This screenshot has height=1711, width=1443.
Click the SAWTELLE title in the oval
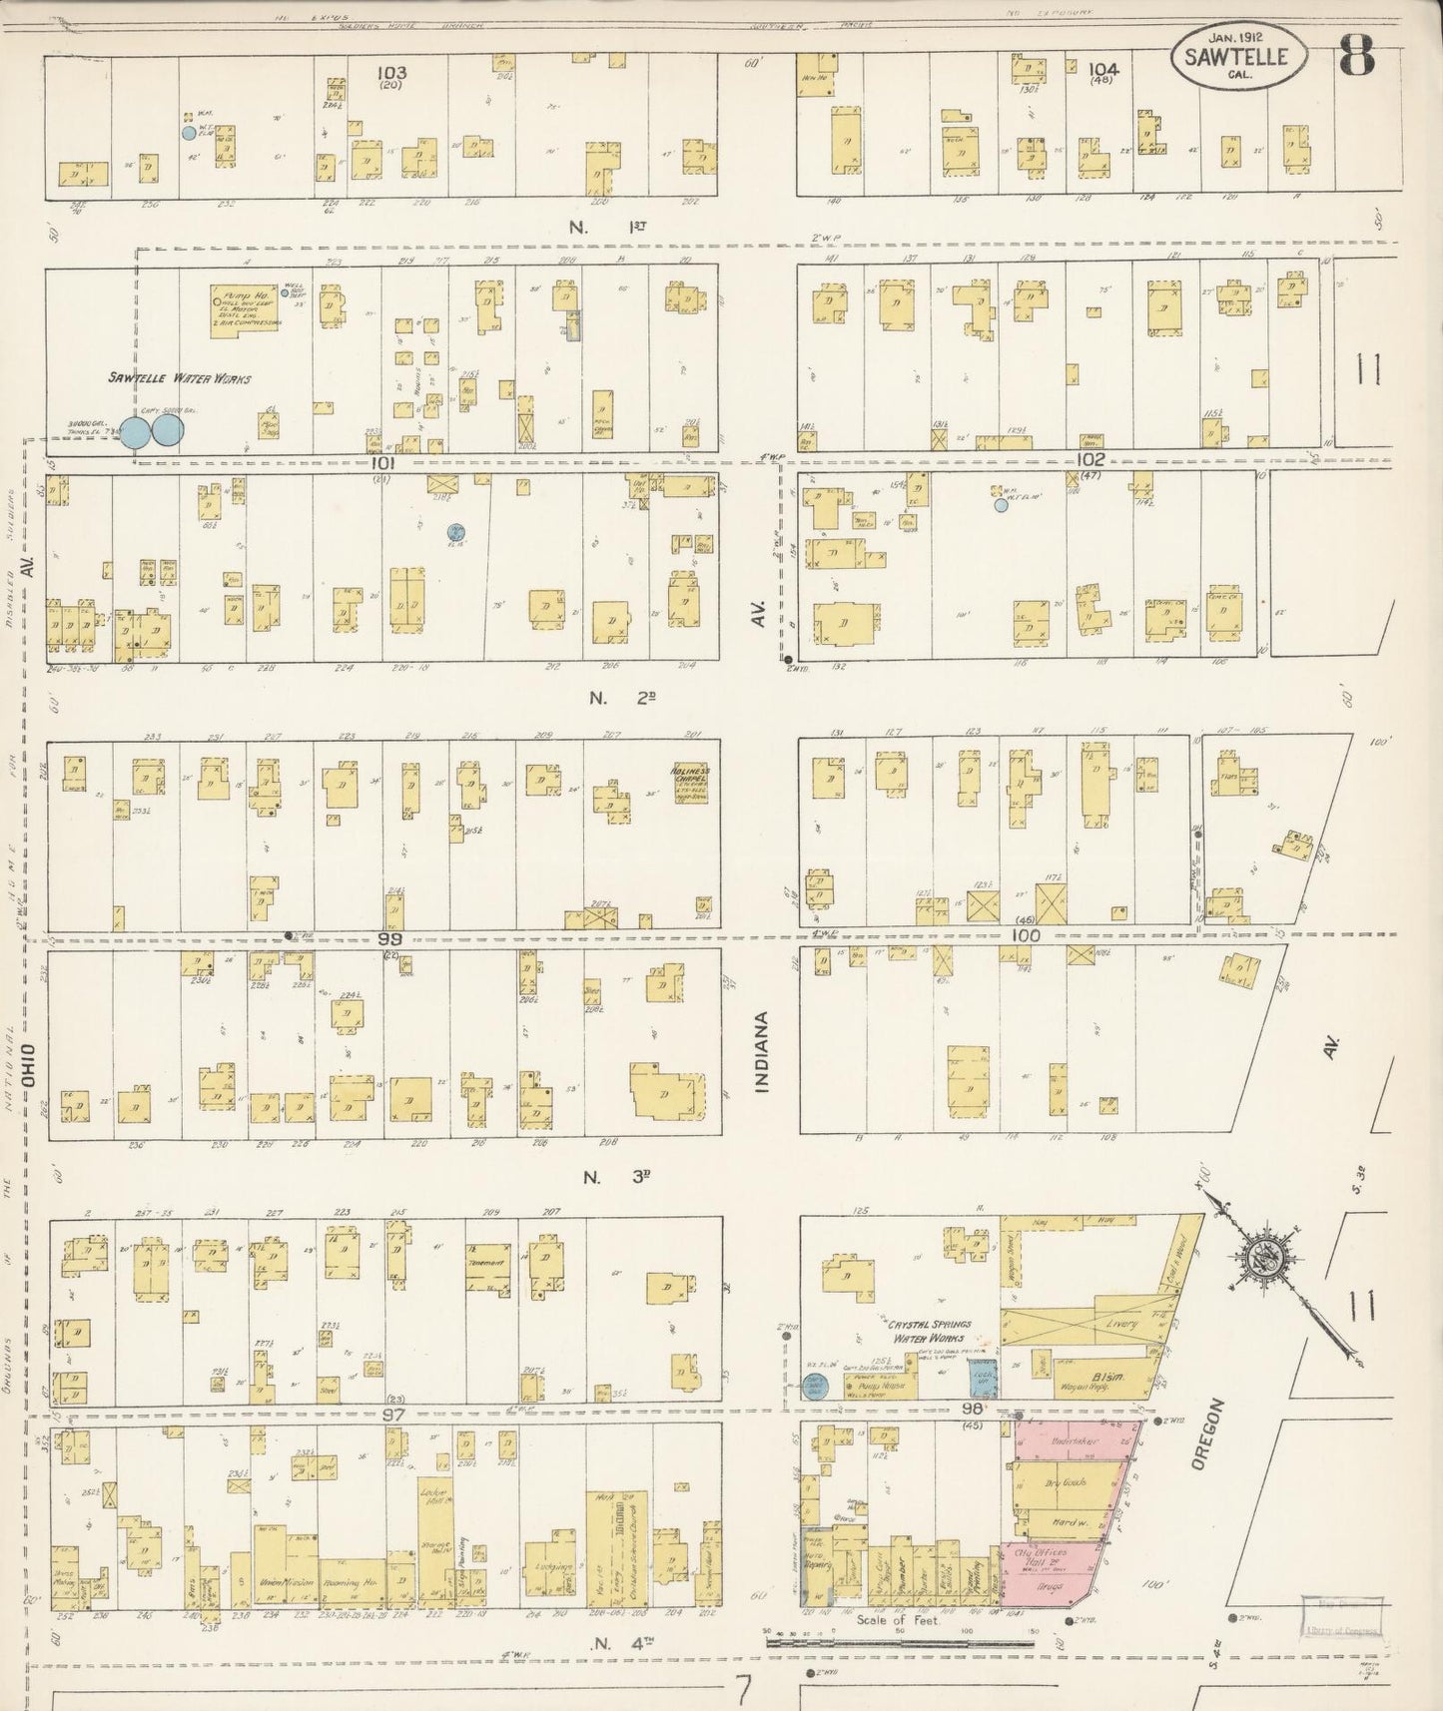tap(1237, 57)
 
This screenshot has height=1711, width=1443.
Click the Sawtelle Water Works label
tap(180, 378)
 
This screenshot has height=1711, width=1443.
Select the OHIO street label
tap(29, 1065)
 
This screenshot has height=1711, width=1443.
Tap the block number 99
tap(388, 939)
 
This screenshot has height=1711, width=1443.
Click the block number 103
tap(391, 72)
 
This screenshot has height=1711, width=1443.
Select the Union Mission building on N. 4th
tap(289, 1583)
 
